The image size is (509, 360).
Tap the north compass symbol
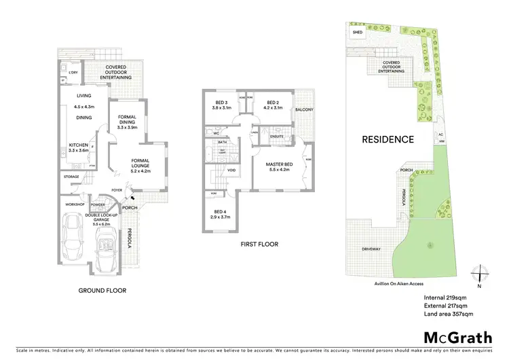click(480, 274)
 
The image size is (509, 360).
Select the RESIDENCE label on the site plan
click(388, 140)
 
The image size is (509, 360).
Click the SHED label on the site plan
click(356, 31)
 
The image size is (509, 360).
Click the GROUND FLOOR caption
click(102, 290)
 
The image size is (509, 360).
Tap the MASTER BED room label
click(278, 164)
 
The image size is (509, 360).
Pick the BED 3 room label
click(221, 103)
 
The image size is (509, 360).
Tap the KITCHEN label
click(80, 145)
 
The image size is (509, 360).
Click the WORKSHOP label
click(73, 204)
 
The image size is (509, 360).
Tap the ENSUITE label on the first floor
click(276, 137)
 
